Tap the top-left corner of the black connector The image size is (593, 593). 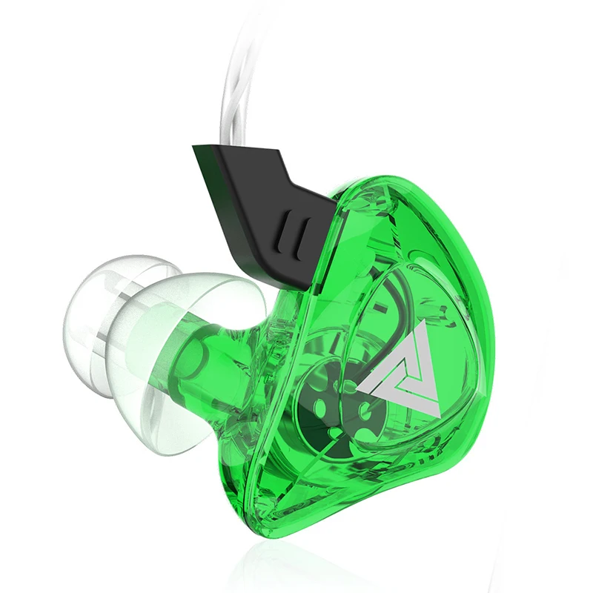194,146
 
